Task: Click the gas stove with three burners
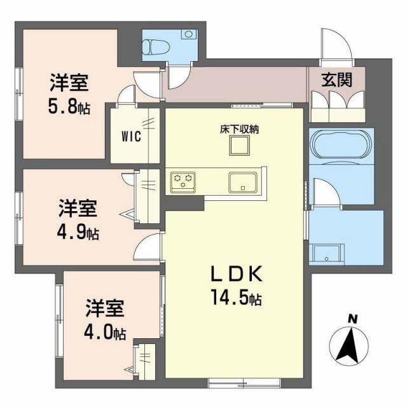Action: click(183, 182)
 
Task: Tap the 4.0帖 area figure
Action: click(105, 333)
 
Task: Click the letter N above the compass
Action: click(352, 319)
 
